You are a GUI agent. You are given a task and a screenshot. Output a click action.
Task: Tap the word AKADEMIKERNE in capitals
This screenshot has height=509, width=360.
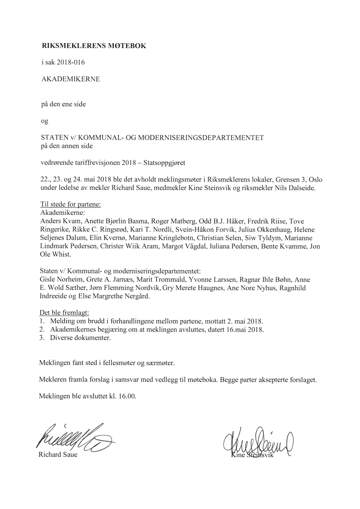[71, 79]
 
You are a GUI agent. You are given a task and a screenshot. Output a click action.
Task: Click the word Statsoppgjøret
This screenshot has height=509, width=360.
[165, 163]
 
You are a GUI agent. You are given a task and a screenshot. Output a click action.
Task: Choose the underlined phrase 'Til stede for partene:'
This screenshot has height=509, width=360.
[71, 205]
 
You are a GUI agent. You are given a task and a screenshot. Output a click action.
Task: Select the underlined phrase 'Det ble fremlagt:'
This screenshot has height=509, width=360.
[64, 312]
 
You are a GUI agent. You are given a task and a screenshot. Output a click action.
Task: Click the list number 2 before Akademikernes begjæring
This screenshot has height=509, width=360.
[41, 329]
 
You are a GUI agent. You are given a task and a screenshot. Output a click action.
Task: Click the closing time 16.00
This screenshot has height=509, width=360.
[126, 396]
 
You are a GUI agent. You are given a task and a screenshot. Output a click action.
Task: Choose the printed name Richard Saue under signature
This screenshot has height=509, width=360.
[58, 455]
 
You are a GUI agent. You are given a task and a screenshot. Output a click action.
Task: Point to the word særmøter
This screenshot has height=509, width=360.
[160, 363]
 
